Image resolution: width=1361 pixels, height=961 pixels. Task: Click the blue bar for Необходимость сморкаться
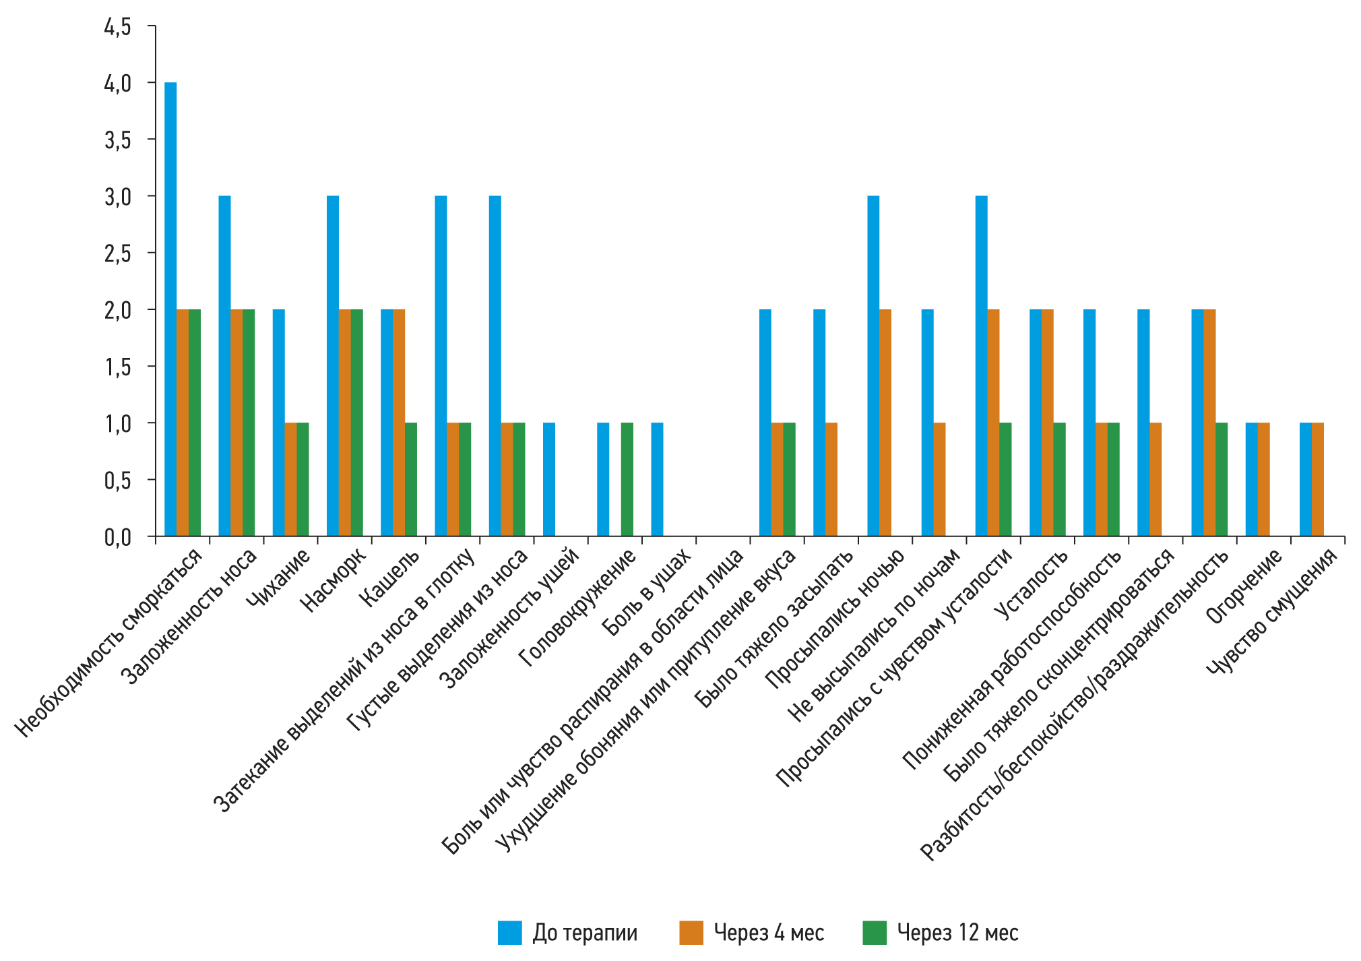click(170, 309)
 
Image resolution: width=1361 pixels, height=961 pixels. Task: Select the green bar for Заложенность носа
click(249, 423)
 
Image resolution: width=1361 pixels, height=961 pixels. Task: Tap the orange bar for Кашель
click(399, 423)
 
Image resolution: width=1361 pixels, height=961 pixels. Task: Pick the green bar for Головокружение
click(627, 479)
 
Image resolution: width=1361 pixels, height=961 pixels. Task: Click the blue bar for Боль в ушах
click(657, 479)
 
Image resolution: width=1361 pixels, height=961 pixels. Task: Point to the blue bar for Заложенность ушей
click(549, 479)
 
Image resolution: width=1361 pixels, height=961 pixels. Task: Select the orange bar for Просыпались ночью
click(885, 423)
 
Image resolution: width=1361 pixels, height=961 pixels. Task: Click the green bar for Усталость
click(1059, 479)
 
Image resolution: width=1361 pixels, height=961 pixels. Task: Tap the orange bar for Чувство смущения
click(1318, 479)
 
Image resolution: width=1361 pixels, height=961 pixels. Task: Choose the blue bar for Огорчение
click(1251, 479)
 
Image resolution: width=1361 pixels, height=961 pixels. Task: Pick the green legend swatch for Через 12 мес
click(875, 933)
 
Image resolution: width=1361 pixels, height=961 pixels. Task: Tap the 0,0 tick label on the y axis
click(117, 537)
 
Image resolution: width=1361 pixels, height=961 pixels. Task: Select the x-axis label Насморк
click(333, 580)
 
